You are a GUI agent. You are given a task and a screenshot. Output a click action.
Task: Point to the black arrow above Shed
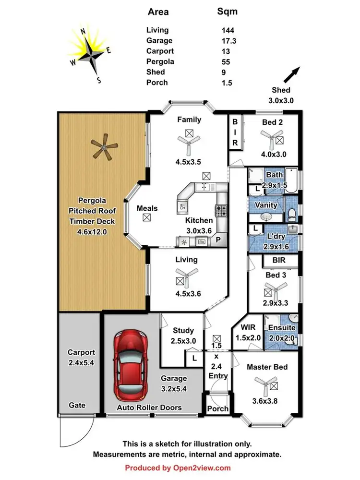291,75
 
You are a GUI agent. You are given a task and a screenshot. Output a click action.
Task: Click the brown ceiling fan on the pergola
104,146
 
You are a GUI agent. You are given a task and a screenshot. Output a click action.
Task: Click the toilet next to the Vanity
292,215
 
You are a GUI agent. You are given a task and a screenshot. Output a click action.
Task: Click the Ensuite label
281,328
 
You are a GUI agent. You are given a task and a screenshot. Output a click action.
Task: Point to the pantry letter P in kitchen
218,240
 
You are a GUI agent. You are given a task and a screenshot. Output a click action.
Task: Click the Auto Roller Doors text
150,407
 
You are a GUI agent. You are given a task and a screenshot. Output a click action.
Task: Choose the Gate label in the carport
77,405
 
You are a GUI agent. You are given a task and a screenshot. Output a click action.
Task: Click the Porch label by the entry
217,409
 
